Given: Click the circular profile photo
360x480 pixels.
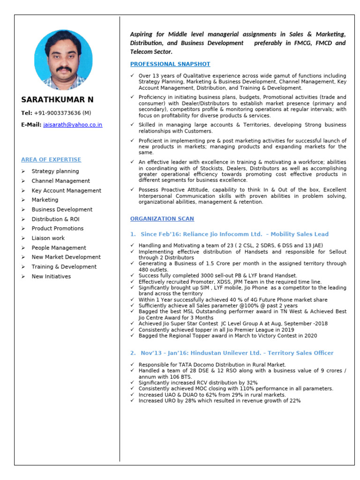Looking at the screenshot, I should click(63, 60).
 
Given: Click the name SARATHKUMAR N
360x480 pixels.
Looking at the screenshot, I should click(57, 100).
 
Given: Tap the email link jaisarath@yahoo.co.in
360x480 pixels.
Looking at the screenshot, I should click(73, 125).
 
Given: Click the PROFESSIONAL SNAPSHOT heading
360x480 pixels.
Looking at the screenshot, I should click(170, 64).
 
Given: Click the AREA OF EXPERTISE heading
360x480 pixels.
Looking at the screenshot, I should click(51, 160).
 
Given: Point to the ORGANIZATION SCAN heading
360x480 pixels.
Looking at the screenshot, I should click(162, 219).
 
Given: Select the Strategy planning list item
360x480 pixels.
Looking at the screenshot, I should click(55, 172).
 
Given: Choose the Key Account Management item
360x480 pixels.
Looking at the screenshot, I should click(66, 191).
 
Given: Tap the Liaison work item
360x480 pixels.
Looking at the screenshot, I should click(48, 238).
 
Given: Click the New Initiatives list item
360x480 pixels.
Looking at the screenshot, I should click(51, 277).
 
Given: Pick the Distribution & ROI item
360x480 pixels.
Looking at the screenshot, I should click(55, 219).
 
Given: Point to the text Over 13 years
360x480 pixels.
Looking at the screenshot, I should click(157, 76).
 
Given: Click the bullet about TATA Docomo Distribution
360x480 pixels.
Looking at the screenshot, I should click(212, 365).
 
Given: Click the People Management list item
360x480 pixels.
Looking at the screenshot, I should click(59, 248).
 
